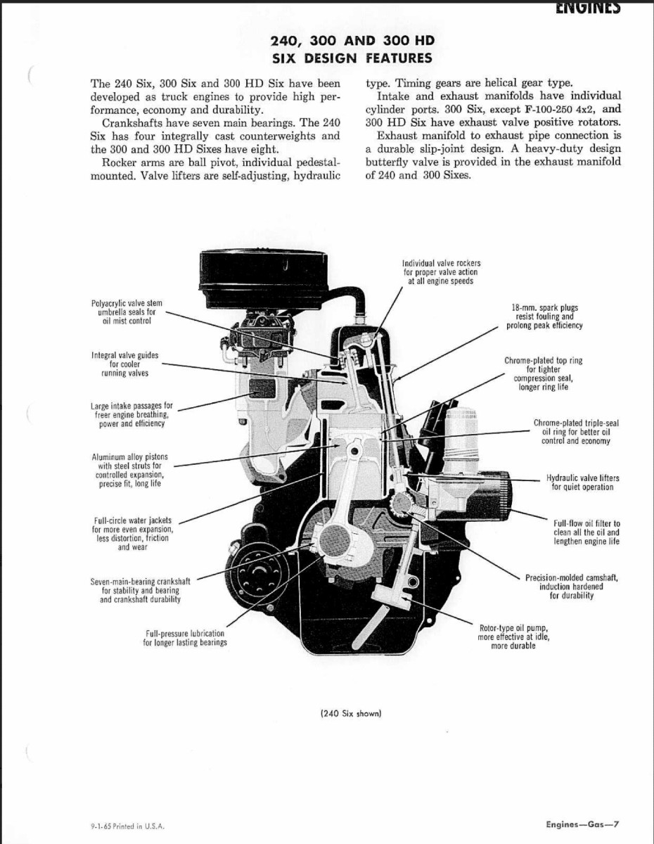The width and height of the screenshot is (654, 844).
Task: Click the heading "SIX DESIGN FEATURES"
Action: (x=352, y=58)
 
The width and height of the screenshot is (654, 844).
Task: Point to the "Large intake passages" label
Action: (x=132, y=415)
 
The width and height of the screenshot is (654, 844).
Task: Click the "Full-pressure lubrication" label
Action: (x=185, y=638)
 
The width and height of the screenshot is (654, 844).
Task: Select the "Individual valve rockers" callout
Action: (x=442, y=272)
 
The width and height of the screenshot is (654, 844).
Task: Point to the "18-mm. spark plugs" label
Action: (x=544, y=316)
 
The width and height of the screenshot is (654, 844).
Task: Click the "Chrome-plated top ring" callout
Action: (x=543, y=373)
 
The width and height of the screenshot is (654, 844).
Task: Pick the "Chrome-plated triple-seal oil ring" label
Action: (x=575, y=432)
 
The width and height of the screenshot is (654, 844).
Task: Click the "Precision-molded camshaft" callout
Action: (x=571, y=587)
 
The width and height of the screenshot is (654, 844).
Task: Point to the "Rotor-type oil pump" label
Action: (x=513, y=637)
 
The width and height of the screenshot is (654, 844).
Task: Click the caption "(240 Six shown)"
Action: (x=350, y=713)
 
